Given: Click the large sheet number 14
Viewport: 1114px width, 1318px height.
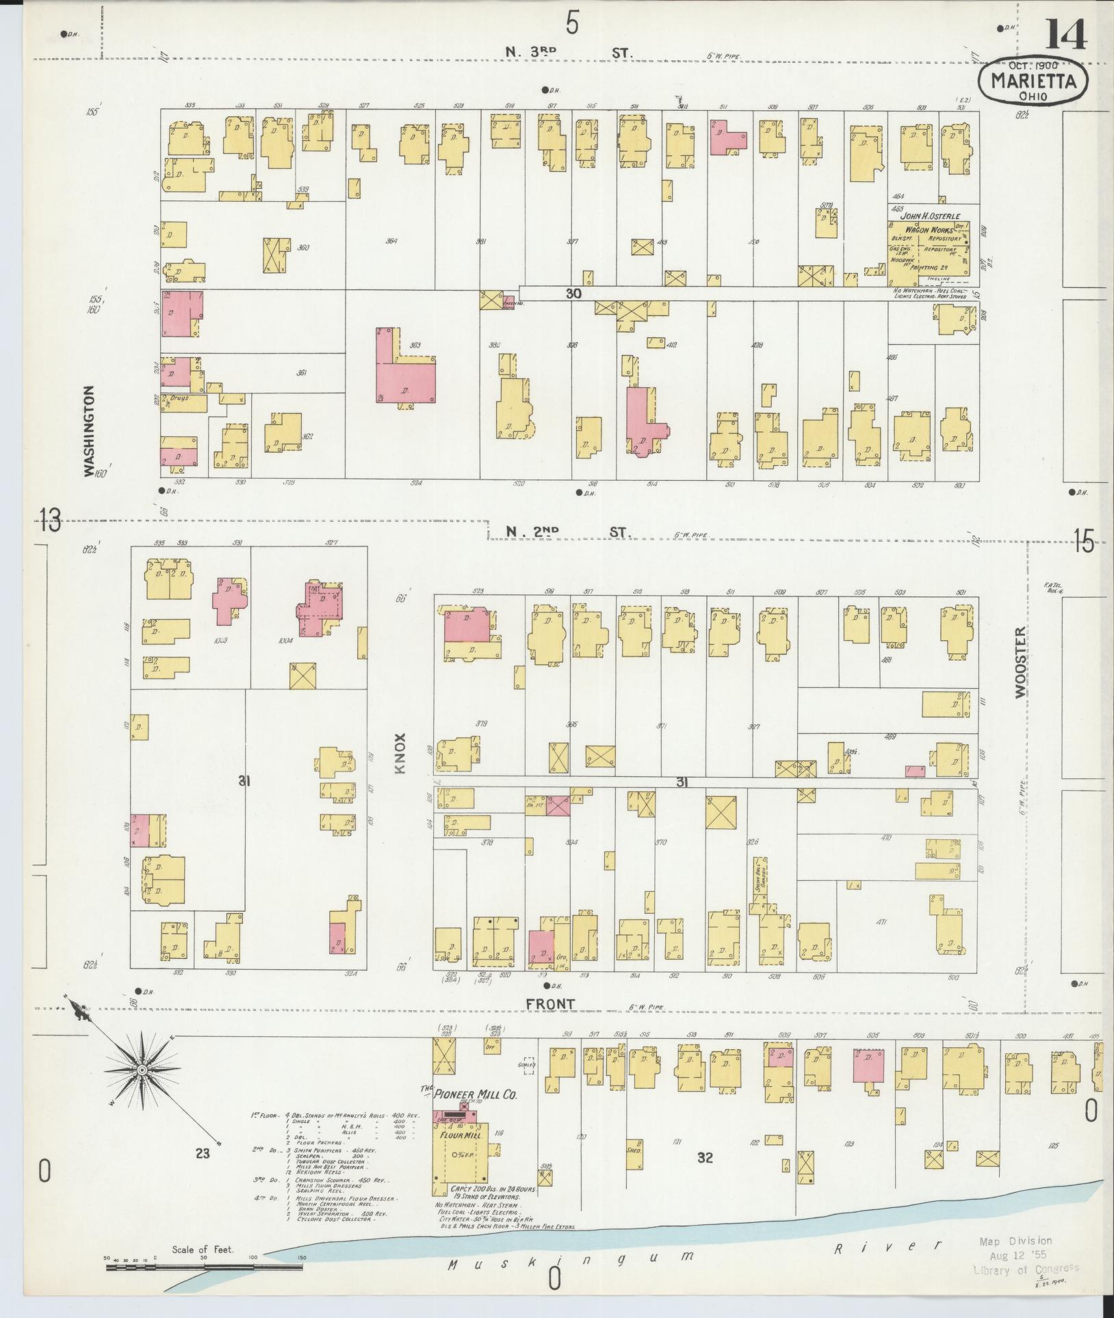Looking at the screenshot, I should tap(1065, 34).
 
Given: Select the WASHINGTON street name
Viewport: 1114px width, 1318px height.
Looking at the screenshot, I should tap(88, 431).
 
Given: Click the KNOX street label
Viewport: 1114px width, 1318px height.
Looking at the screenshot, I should tap(401, 754).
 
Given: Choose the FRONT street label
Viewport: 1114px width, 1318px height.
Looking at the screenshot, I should tap(551, 1003).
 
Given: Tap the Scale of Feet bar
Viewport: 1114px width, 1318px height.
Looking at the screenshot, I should tap(204, 1267).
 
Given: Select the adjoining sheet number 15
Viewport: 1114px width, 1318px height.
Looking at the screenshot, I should tap(1084, 542).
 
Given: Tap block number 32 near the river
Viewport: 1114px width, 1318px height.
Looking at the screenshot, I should tap(705, 1158).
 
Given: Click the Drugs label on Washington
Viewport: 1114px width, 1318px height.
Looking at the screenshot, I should tap(179, 397).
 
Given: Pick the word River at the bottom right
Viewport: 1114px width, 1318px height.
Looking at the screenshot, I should tap(888, 1246).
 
